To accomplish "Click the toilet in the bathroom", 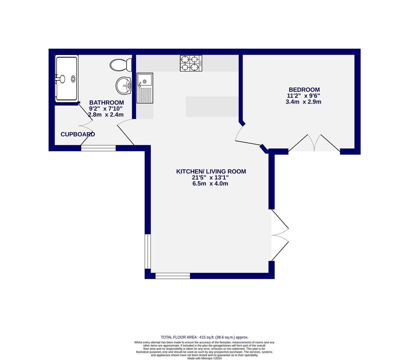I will (x=121, y=65).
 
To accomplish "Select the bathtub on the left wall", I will (x=67, y=79).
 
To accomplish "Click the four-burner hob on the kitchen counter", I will (x=191, y=63).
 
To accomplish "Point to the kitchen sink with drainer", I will (x=145, y=88).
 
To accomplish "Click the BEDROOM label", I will (x=304, y=90).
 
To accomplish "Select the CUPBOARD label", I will (x=78, y=134).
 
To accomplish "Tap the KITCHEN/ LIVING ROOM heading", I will (x=211, y=171).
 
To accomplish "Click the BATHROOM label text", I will (x=106, y=103).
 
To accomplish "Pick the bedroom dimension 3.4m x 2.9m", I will (x=303, y=102).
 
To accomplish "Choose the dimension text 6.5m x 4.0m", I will (x=210, y=184).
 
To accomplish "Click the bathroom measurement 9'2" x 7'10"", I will (x=106, y=109).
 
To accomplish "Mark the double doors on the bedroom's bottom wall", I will (x=314, y=144).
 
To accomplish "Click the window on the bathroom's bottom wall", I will (x=98, y=148).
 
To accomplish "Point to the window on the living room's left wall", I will (x=148, y=251).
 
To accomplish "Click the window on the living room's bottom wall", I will (x=173, y=276).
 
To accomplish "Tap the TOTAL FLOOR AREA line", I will (x=204, y=337).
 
